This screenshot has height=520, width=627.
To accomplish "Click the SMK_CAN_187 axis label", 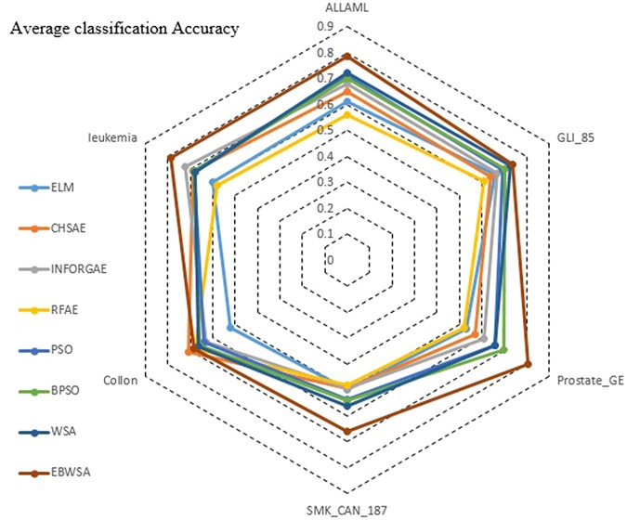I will point(348,510).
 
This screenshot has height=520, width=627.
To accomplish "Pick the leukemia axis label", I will point(112,137).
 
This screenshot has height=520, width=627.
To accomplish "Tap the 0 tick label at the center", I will point(329,260).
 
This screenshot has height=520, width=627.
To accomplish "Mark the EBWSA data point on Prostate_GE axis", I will point(528,364).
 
